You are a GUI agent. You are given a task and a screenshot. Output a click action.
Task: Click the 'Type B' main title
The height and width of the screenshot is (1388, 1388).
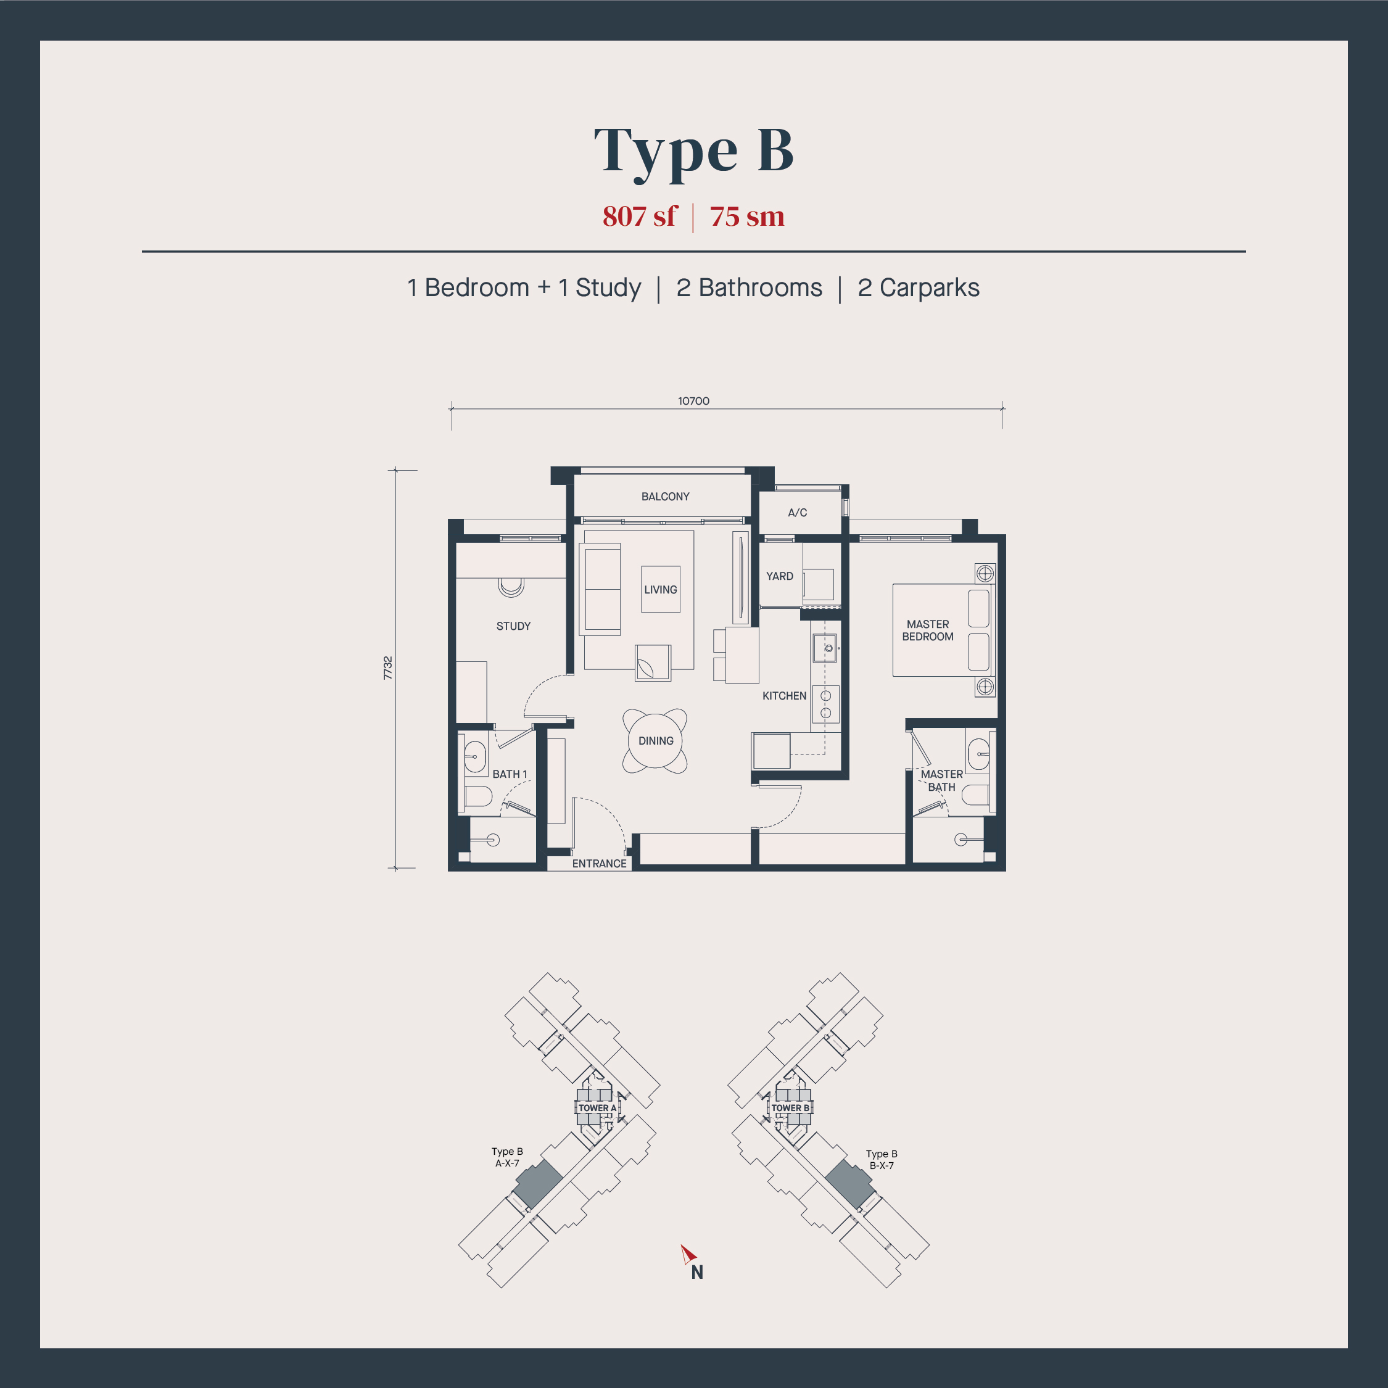(693, 151)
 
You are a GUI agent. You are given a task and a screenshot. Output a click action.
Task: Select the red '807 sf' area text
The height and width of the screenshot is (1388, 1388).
(639, 217)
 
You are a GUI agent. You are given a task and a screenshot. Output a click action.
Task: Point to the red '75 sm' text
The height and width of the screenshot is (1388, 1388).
(747, 217)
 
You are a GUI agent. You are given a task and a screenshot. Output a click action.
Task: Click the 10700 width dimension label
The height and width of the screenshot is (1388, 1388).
(693, 401)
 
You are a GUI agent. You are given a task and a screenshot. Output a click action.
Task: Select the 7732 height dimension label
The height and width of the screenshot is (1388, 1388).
(388, 668)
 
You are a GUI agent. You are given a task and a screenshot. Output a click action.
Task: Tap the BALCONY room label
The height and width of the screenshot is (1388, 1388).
(665, 497)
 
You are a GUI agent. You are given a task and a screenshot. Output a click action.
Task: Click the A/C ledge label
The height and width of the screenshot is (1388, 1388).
(798, 512)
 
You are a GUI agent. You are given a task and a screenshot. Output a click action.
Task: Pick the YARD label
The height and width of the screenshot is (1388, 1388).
(780, 576)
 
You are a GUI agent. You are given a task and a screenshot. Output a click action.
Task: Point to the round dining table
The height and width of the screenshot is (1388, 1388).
(655, 741)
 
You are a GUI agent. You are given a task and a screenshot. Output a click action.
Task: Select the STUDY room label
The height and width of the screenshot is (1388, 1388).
(513, 626)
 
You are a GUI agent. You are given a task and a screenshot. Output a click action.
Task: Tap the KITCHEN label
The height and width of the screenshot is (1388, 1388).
(784, 695)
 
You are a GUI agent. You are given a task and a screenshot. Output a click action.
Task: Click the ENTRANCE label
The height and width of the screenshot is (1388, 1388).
(599, 864)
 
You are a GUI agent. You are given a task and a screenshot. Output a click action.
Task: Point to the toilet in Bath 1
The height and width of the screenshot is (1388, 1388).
(477, 796)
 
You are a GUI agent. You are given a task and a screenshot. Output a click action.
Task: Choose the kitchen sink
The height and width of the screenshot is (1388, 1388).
(825, 648)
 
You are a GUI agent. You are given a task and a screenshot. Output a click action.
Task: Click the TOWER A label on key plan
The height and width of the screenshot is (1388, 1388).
(597, 1108)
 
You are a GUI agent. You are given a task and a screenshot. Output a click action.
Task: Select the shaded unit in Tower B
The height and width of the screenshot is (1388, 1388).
(850, 1183)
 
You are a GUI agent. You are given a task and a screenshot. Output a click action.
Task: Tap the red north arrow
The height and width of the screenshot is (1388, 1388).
(688, 1254)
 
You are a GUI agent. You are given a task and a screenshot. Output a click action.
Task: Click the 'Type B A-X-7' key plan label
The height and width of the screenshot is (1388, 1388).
(507, 1157)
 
